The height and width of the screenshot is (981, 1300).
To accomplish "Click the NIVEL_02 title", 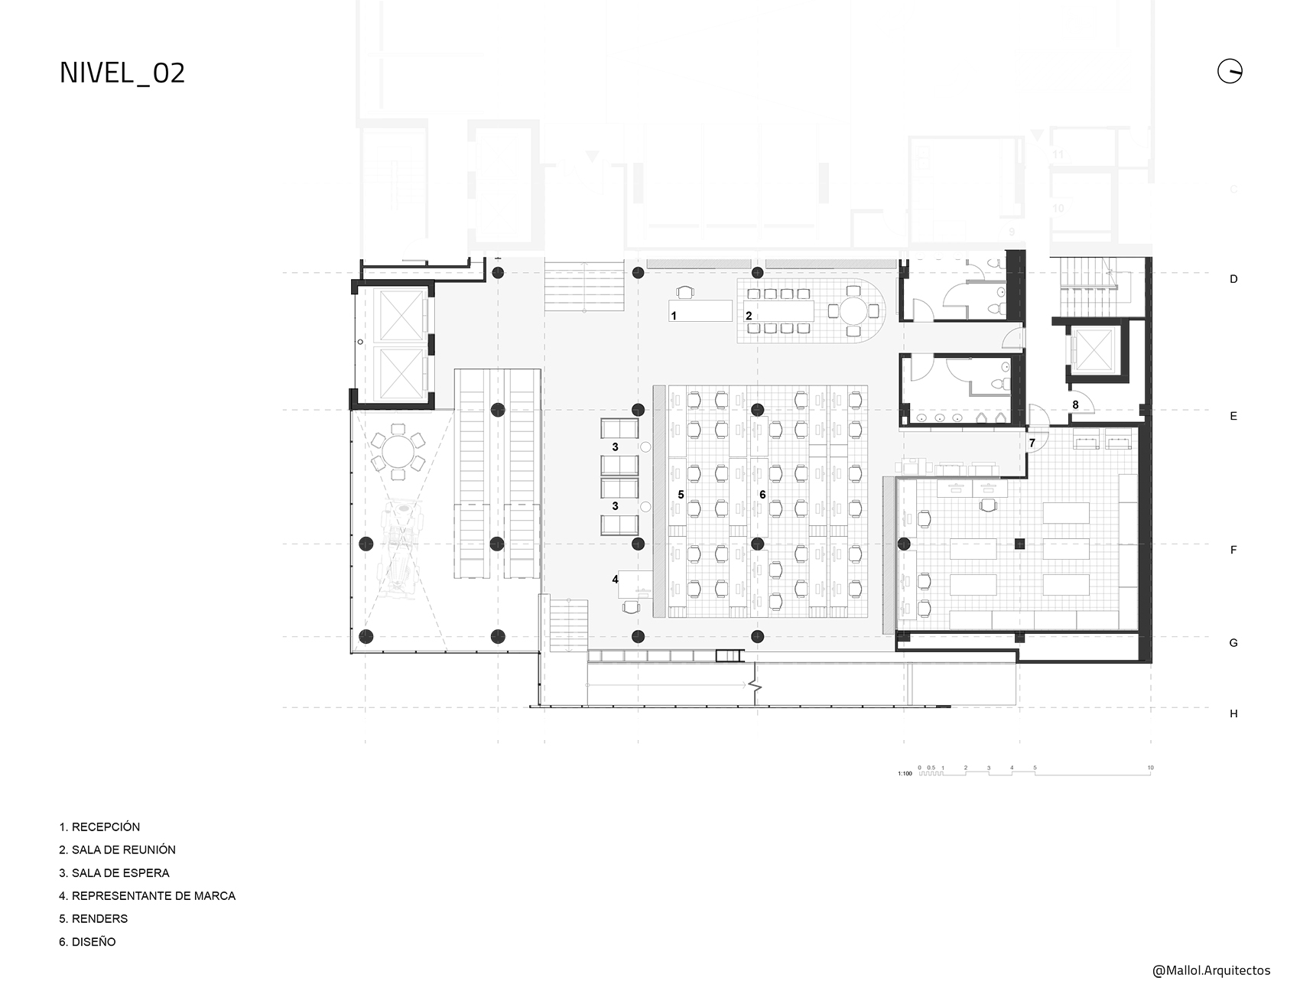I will pos(122,73).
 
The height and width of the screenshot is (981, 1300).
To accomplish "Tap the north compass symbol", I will pos(1230,71).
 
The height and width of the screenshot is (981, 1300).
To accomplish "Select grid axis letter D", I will pos(1233,279).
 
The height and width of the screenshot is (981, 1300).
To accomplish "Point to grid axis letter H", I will pos(1233,713).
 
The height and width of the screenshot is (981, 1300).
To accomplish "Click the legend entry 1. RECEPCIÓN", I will pos(99,827).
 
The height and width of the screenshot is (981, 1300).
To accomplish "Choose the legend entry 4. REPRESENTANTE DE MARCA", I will pos(147,895).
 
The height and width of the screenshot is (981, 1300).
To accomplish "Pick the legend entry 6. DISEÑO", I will pos(87,942).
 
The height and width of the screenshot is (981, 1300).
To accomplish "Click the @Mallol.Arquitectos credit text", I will pos(1211,970).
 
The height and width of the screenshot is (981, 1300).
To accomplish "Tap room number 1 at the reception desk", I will pos(674,316).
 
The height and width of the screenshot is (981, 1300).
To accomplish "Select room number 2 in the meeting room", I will pos(749,316).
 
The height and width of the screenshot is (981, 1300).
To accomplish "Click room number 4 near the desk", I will pos(615,580).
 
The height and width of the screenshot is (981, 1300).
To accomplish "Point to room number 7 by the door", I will pos(1032,443).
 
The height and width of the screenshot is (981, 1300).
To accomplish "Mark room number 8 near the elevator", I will pos(1075,404).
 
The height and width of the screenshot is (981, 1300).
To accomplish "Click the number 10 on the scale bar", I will pos(1150,768).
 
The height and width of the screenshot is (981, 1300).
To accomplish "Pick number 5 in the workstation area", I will pos(681,495).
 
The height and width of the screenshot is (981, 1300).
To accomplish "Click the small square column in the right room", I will pos(1019,544).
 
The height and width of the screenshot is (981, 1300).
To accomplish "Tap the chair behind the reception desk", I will pos(686,291).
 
